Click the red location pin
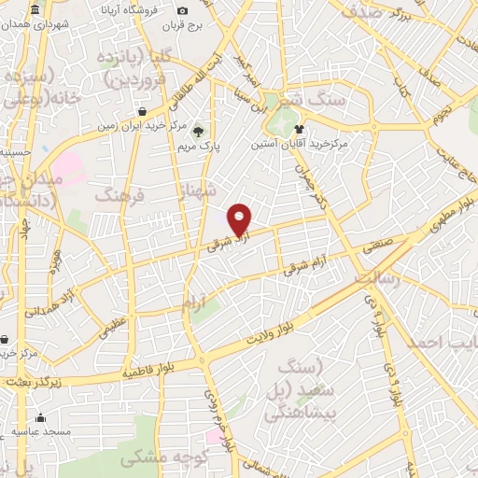[241, 218]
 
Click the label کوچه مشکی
[156, 461]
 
